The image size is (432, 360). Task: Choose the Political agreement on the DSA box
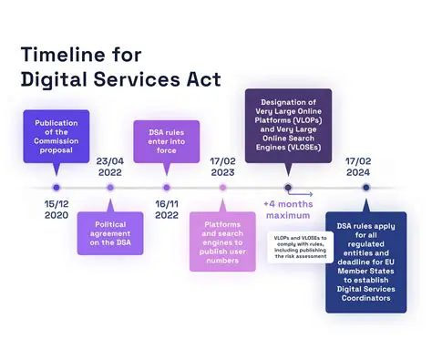[111, 232]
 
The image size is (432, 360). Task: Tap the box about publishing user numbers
[222, 240]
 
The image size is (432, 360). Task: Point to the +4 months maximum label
[289, 210]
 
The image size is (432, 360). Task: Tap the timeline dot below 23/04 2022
[110, 188]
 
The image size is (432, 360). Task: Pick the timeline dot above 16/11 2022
[167, 188]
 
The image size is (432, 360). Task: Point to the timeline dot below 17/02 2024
[365, 188]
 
